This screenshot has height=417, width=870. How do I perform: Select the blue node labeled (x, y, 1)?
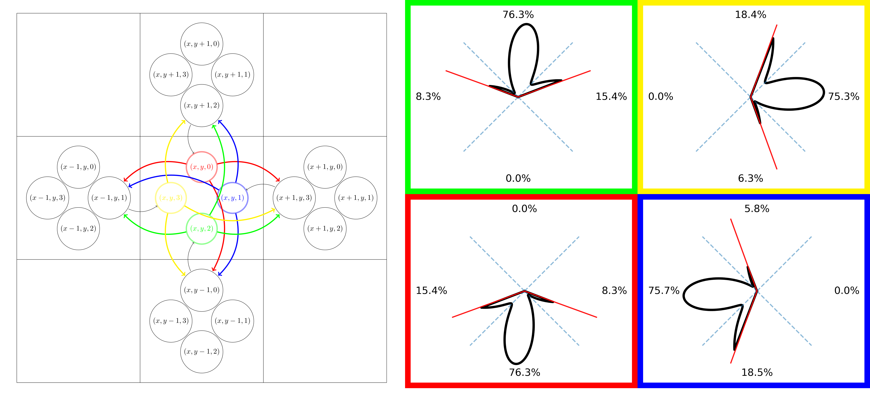[232, 198]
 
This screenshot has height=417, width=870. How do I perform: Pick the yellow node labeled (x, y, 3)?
[171, 198]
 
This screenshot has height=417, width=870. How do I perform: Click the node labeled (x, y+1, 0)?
[202, 44]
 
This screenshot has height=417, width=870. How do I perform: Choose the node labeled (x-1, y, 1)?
[109, 198]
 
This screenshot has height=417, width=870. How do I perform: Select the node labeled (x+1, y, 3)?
[294, 198]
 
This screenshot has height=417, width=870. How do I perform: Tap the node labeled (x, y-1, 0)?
[202, 290]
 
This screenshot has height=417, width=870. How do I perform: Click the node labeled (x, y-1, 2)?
[202, 351]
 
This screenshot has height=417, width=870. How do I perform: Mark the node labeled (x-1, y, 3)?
[48, 198]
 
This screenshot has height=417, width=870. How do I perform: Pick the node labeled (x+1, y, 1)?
[356, 198]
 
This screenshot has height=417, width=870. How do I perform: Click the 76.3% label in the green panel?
[518, 14]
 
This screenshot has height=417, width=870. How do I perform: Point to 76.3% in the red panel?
[524, 373]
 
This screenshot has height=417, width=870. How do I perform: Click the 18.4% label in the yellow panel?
[750, 14]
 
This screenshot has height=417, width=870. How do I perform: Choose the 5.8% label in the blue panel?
[757, 208]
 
